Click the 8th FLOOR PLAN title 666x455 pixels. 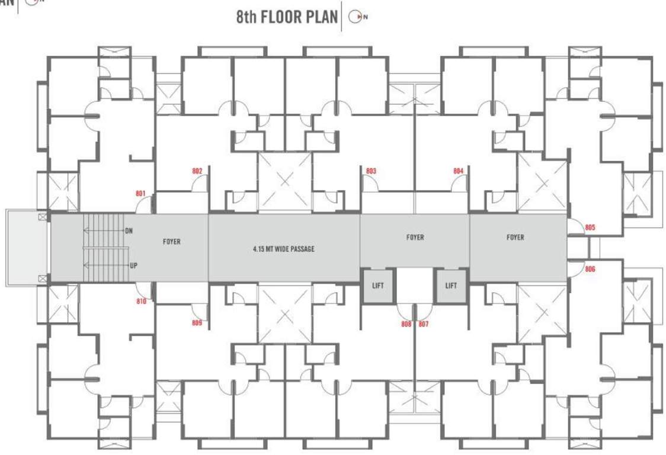(286, 17)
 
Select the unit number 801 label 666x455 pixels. (140, 193)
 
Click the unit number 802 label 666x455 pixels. (197, 171)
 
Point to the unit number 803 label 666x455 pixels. (371, 171)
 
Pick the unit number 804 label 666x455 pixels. (458, 171)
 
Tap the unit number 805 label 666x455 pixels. (590, 227)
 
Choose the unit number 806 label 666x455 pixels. (590, 269)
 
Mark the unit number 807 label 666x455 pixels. (423, 324)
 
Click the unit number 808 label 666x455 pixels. (406, 324)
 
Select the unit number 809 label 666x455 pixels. (197, 323)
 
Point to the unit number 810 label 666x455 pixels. (140, 302)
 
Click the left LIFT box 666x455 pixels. (378, 286)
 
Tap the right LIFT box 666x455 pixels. (451, 286)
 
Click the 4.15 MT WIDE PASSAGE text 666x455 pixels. (283, 249)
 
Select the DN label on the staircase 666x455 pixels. (129, 230)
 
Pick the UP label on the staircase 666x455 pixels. (133, 265)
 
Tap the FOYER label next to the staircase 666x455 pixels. (171, 242)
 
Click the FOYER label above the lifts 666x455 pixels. (415, 238)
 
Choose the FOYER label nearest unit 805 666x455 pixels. (515, 238)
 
